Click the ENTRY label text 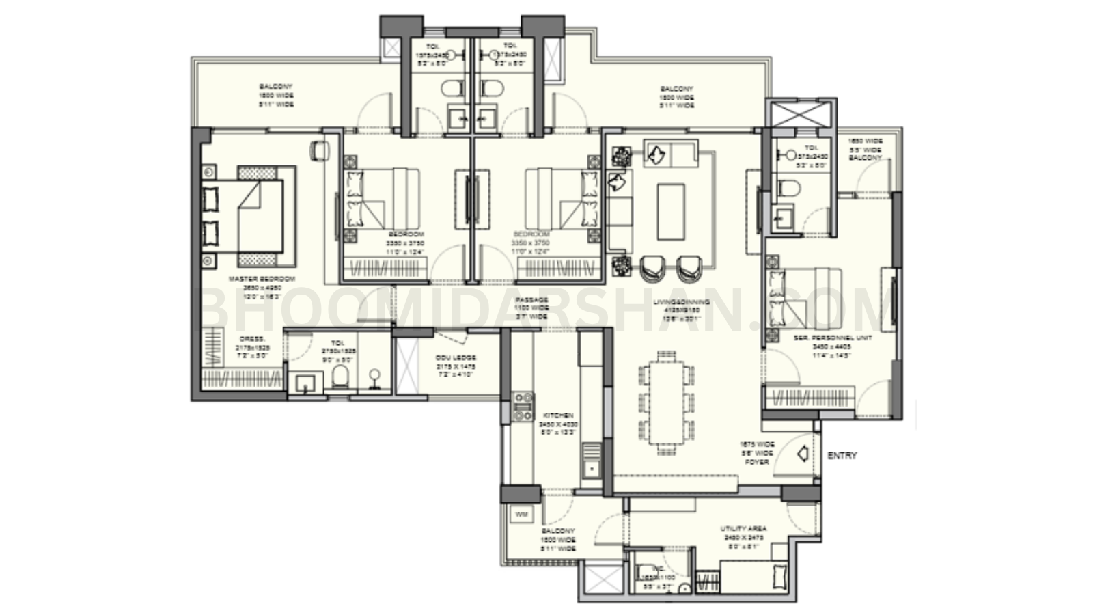pyautogui.click(x=842, y=456)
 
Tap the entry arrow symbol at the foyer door pyautogui.click(x=803, y=453)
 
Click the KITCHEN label pyautogui.click(x=557, y=415)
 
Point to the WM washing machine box pyautogui.click(x=521, y=514)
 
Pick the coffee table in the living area pyautogui.click(x=671, y=211)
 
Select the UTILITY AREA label pyautogui.click(x=743, y=528)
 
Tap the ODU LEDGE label pyautogui.click(x=456, y=358)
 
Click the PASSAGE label pyautogui.click(x=531, y=300)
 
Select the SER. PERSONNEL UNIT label pyautogui.click(x=832, y=338)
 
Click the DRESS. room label pyautogui.click(x=253, y=339)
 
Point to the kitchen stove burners pyautogui.click(x=523, y=406)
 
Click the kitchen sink pyautogui.click(x=591, y=468)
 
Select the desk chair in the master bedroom pyautogui.click(x=318, y=150)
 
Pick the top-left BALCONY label pyautogui.click(x=275, y=87)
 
